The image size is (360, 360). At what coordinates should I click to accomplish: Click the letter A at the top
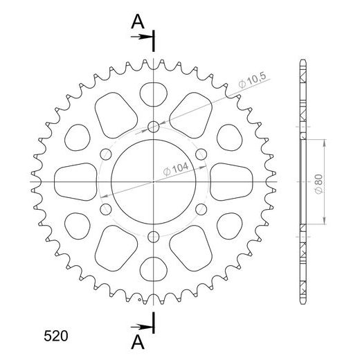point(138,22)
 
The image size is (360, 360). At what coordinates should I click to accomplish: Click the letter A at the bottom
point(138,343)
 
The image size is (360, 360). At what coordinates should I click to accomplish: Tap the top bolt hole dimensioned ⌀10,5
point(153,127)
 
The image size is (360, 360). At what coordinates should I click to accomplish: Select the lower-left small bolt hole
point(105,208)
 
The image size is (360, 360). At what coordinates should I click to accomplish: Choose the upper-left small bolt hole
point(105,154)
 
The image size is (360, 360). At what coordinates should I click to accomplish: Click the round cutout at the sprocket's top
point(153,93)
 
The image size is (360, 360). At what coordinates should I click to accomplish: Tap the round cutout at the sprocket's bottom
point(153,269)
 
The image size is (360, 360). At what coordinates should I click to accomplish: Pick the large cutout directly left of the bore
point(75,181)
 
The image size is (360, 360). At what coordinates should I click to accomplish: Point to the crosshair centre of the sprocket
point(153,181)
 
